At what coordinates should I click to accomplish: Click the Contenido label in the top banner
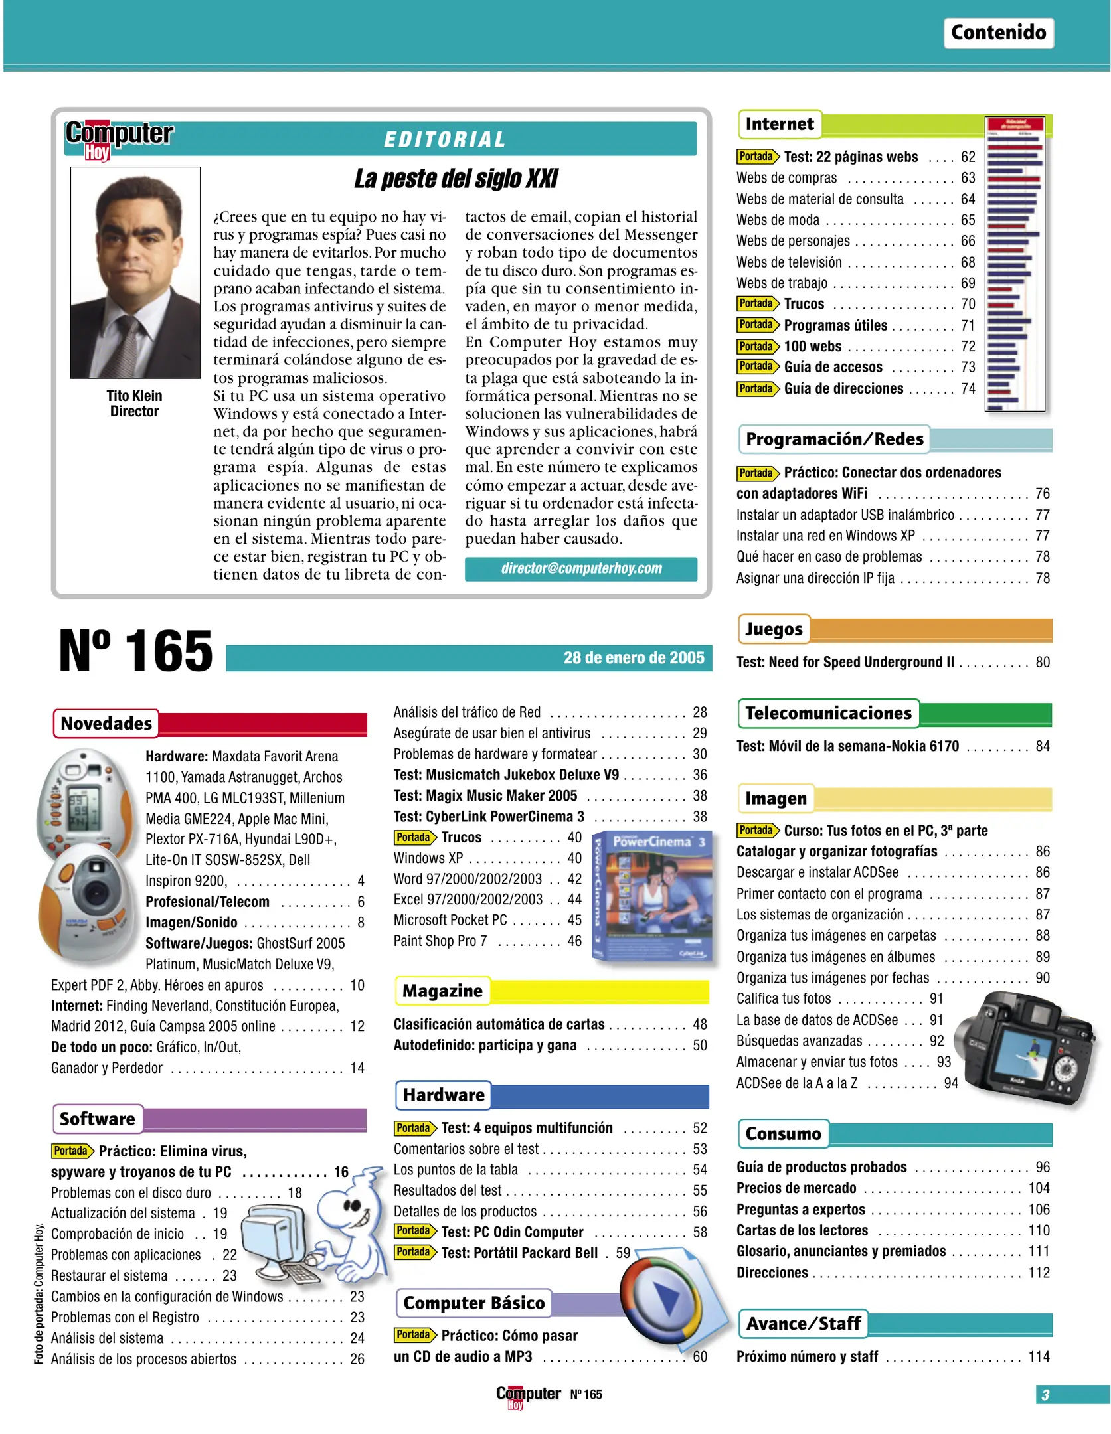pyautogui.click(x=997, y=33)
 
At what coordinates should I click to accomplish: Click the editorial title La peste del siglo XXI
pyautogui.click(x=456, y=179)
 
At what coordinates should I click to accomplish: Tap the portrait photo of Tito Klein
pyautogui.click(x=135, y=272)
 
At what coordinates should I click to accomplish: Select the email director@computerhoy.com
pyautogui.click(x=581, y=568)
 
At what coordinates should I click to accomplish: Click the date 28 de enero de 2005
pyautogui.click(x=634, y=657)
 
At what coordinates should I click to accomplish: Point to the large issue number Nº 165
pyautogui.click(x=135, y=651)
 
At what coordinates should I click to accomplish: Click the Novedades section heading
pyautogui.click(x=106, y=723)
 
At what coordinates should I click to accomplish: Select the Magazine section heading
pyautogui.click(x=442, y=991)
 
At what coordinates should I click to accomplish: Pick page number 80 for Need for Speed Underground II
pyautogui.click(x=1042, y=662)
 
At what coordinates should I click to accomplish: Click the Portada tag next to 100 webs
pyautogui.click(x=756, y=346)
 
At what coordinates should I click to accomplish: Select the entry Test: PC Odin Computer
pyautogui.click(x=512, y=1232)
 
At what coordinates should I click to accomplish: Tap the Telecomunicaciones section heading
pyautogui.click(x=828, y=713)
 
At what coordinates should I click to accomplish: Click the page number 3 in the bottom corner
pyautogui.click(x=1045, y=1394)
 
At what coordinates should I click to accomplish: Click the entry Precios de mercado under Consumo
pyautogui.click(x=796, y=1188)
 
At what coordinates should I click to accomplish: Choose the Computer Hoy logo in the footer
pyautogui.click(x=528, y=1395)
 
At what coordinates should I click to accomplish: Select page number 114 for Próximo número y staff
pyautogui.click(x=1039, y=1356)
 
